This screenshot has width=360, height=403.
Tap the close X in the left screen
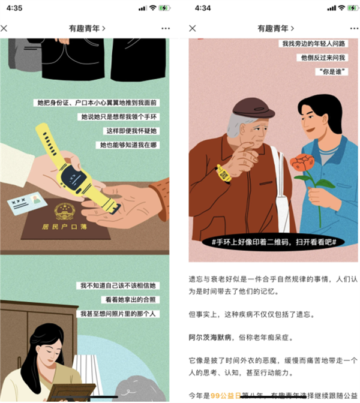click(5, 28)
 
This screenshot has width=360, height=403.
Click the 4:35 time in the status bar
click(14, 8)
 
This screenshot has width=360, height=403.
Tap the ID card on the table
click(27, 203)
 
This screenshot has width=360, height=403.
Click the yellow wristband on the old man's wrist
click(224, 173)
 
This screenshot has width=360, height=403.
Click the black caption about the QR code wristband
click(274, 242)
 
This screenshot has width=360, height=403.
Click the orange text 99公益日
click(224, 396)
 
